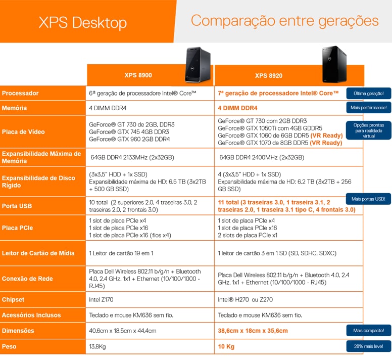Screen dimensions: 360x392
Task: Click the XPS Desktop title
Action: [x=83, y=23]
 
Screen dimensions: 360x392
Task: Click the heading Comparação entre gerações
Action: [x=284, y=21]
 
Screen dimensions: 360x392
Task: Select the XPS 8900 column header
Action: [x=138, y=75]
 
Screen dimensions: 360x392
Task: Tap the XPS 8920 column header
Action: [x=268, y=76]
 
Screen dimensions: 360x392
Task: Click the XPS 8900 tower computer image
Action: [x=198, y=64]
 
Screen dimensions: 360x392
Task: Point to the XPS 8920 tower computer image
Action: [x=334, y=64]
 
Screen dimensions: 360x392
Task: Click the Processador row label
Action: [x=20, y=93]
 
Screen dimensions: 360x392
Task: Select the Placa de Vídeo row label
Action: [x=23, y=132]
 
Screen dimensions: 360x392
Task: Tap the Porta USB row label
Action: [x=17, y=206]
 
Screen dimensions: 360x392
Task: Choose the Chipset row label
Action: [x=14, y=300]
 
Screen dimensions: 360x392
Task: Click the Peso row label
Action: [x=10, y=347]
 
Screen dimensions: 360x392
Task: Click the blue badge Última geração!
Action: [x=369, y=93]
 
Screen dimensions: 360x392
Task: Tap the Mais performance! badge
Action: [x=369, y=108]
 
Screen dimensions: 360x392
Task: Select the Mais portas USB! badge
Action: [x=368, y=199]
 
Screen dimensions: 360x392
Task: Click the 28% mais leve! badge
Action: [x=369, y=347]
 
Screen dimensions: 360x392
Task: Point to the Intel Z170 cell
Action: [x=101, y=300]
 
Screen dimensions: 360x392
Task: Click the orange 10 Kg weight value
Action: [x=226, y=347]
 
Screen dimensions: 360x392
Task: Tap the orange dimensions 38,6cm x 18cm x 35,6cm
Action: [x=253, y=331]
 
